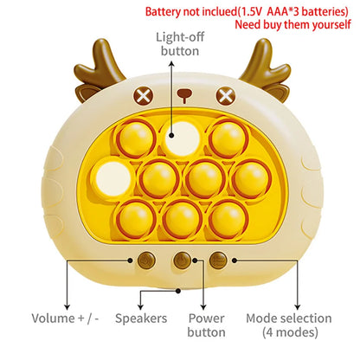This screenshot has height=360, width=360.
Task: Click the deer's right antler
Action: (x=264, y=66)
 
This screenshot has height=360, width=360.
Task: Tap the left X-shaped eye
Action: (x=143, y=96)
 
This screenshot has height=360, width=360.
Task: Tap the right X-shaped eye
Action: (x=226, y=96)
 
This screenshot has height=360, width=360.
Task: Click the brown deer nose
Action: (x=184, y=95)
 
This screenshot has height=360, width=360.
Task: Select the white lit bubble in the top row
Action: (x=183, y=138)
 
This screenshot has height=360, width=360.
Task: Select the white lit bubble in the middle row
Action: (x=113, y=179)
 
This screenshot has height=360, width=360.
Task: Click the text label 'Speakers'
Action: (x=141, y=318)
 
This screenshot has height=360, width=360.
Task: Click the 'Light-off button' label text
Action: (x=180, y=44)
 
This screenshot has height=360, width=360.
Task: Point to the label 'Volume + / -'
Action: (x=65, y=318)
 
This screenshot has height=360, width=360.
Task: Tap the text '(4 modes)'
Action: (x=290, y=332)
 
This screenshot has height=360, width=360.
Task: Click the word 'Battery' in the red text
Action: (x=163, y=12)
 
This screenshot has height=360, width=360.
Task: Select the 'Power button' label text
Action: (x=206, y=325)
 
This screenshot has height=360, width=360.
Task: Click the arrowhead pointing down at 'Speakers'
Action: (x=140, y=306)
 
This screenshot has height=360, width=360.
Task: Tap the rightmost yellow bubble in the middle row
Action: (x=251, y=179)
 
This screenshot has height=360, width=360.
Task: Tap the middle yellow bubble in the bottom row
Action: (x=182, y=219)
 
